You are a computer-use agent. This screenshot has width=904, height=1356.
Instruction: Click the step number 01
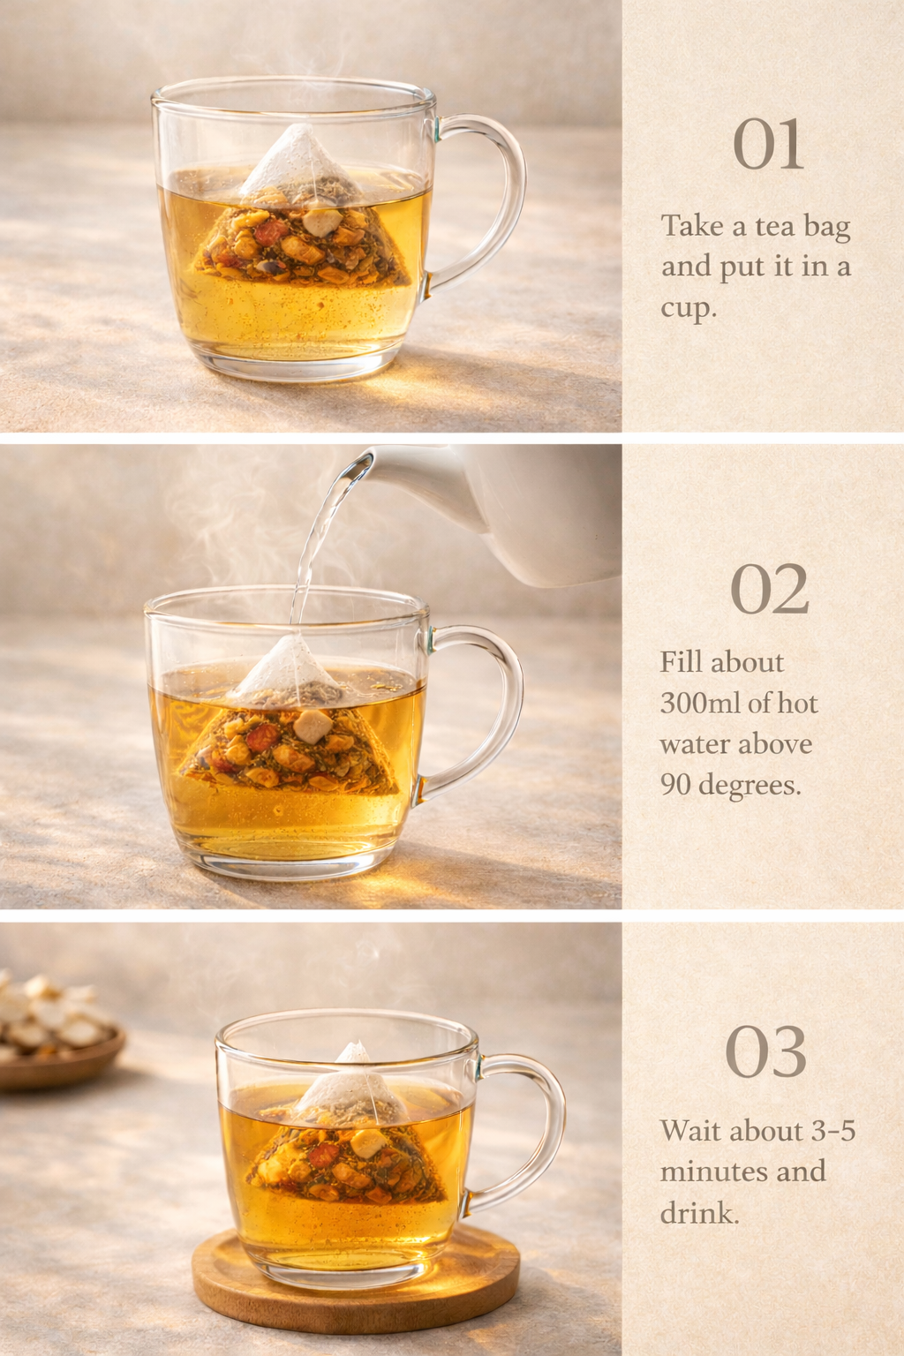[768, 145]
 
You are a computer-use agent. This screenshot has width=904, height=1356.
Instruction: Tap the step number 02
[769, 590]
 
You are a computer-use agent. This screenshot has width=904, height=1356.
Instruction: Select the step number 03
[765, 1052]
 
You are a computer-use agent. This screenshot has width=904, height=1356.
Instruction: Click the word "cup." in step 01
[689, 308]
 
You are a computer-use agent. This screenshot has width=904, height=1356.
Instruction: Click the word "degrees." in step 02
[750, 785]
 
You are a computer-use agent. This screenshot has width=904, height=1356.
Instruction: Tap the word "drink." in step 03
[699, 1213]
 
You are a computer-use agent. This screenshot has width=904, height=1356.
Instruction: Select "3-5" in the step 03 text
[833, 1131]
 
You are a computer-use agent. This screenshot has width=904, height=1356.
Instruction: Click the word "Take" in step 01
[693, 226]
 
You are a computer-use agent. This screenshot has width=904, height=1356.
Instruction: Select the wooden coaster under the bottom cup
[353, 1289]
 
